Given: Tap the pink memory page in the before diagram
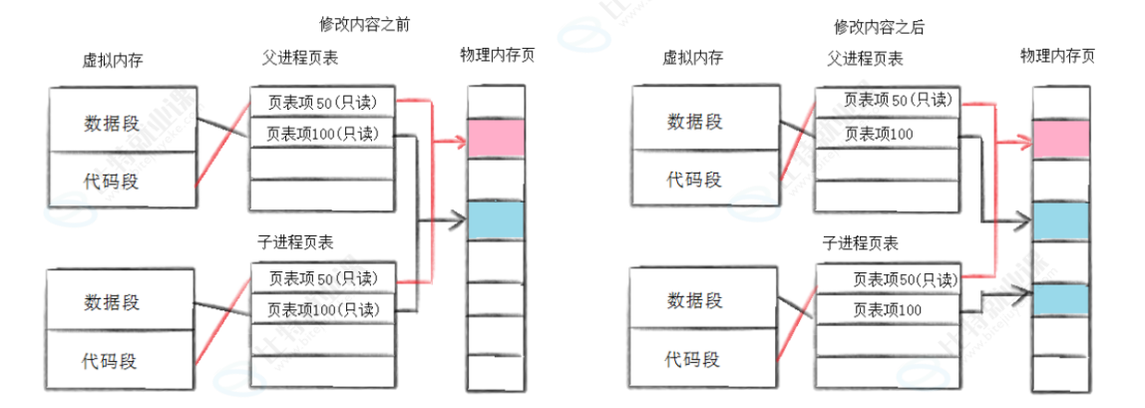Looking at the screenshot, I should [x=496, y=138].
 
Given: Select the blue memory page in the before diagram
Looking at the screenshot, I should [x=496, y=219].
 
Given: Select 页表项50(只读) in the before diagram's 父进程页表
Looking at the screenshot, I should [x=322, y=103].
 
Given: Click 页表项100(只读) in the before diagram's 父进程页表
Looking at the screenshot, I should [x=322, y=133].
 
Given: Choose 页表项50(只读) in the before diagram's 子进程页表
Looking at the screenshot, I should [x=322, y=278].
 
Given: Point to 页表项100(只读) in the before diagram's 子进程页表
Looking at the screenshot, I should [x=322, y=309].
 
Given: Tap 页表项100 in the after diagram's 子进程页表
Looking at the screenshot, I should [x=888, y=310].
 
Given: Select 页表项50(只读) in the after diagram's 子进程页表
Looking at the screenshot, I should [x=888, y=279].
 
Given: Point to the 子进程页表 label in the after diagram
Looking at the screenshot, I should [x=860, y=242].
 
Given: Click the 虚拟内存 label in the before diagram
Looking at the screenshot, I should [x=112, y=60].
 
